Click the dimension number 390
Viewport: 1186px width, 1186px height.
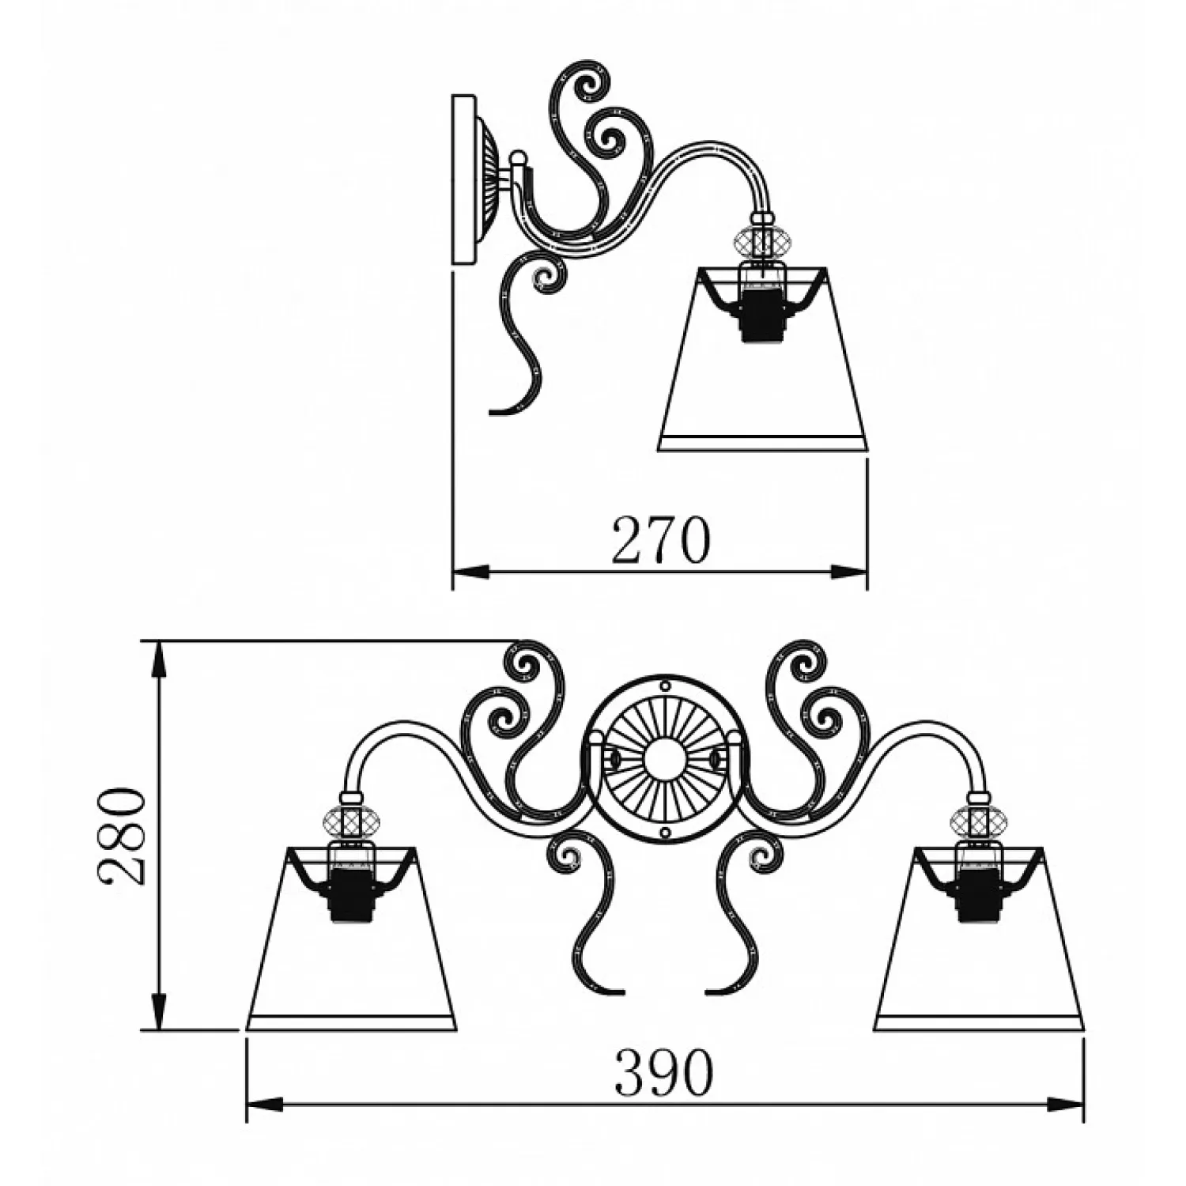tap(664, 1073)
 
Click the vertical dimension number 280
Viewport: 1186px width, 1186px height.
tap(122, 837)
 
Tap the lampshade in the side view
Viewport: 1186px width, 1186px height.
tap(763, 360)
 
